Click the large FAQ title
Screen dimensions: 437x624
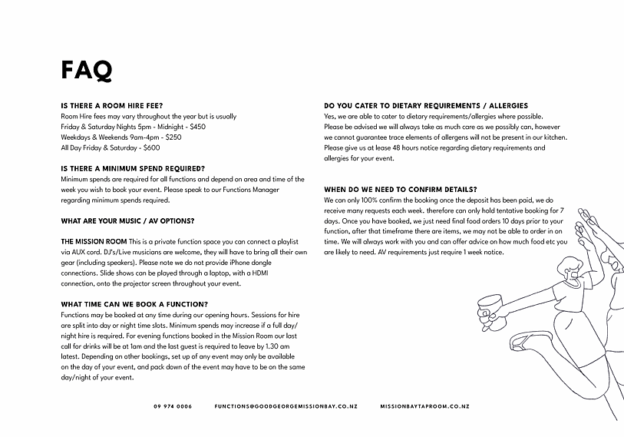pos(87,70)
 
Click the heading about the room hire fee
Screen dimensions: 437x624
pos(112,106)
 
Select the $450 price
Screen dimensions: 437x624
pos(198,126)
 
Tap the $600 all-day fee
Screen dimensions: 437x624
pos(152,147)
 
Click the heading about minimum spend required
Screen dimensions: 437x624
pos(133,168)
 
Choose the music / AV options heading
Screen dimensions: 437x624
pos(127,220)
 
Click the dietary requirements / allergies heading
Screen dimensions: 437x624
pos(426,106)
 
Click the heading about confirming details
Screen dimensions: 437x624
pos(401,189)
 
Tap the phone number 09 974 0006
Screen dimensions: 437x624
pos(173,406)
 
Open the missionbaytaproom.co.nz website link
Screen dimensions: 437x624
pos(424,406)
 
